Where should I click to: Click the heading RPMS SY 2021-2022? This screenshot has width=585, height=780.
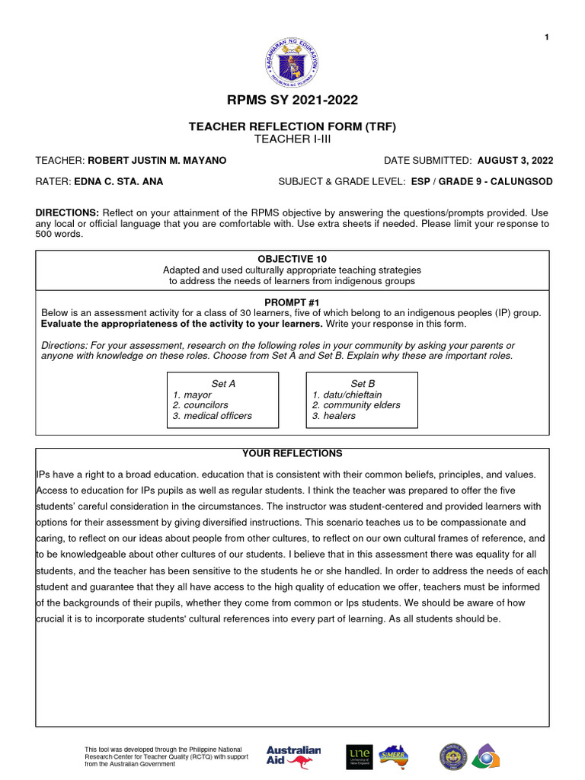tap(292, 100)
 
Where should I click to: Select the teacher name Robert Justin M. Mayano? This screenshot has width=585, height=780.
tap(157, 161)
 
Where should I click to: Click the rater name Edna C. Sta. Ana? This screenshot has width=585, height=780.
tap(118, 182)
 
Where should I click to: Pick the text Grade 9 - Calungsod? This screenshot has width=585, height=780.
tap(503, 182)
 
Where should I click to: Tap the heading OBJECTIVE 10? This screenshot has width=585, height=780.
tap(292, 260)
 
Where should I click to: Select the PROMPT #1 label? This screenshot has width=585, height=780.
tap(292, 302)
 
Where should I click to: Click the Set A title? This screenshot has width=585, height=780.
tap(222, 384)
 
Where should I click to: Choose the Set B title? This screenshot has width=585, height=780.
tap(363, 384)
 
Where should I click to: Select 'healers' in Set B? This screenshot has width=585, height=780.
tap(339, 416)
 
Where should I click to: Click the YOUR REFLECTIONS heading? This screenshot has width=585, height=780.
tap(292, 453)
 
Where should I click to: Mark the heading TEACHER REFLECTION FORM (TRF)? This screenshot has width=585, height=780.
tap(292, 126)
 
